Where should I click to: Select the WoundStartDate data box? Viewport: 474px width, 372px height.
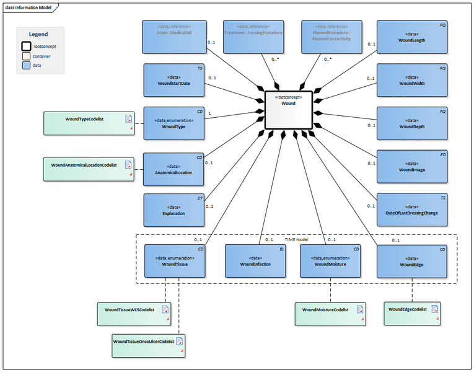[174, 80]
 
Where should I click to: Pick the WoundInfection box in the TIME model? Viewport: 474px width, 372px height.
[255, 260]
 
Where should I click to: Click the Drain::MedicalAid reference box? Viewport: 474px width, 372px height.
[174, 37]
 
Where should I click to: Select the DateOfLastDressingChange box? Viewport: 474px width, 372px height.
[413, 210]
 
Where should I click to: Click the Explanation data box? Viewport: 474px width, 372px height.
[174, 210]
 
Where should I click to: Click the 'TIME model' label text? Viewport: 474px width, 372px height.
[296, 239]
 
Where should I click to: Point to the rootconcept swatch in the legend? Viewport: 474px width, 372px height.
[27, 46]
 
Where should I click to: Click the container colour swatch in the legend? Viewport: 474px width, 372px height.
[27, 56]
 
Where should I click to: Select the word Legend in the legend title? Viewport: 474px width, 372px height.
[38, 34]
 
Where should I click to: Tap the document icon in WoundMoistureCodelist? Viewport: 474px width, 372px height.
[359, 309]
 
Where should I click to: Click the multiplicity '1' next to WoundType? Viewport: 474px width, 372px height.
[211, 113]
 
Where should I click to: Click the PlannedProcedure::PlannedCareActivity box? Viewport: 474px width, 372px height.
[331, 37]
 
